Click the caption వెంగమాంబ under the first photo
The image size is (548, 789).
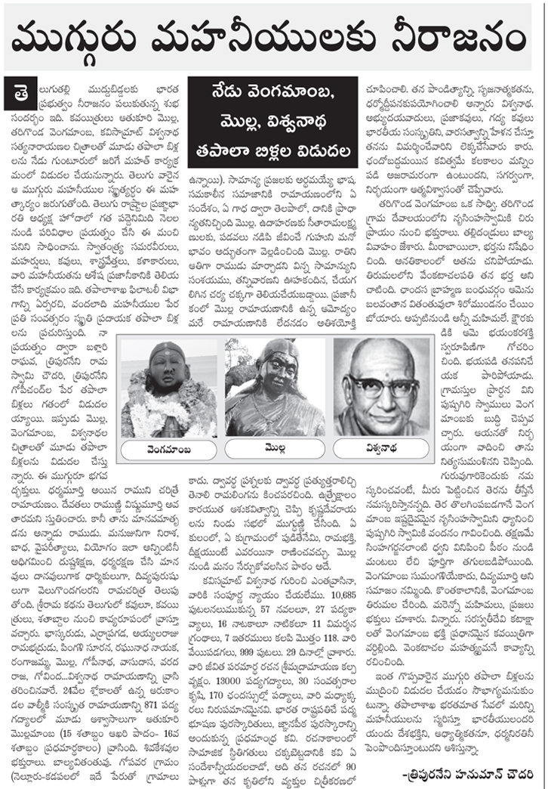pos(171,449)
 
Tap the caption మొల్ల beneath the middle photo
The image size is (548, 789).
pos(273,448)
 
